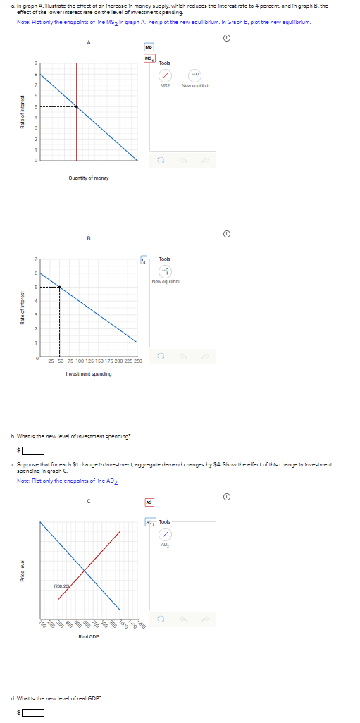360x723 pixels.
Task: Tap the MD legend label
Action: [x=149, y=48]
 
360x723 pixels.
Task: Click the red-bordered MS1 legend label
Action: [x=149, y=58]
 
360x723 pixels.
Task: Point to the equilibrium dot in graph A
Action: [x=77, y=107]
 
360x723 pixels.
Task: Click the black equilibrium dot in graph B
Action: [x=59, y=287]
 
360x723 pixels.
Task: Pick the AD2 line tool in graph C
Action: [x=165, y=533]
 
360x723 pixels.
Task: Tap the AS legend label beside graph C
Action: [x=149, y=502]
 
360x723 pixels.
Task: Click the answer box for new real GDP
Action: [x=32, y=712]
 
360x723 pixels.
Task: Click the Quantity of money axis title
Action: [x=89, y=178]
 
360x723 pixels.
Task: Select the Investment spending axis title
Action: [x=89, y=373]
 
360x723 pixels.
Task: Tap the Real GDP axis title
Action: [x=89, y=636]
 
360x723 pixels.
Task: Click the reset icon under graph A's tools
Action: [x=159, y=160]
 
